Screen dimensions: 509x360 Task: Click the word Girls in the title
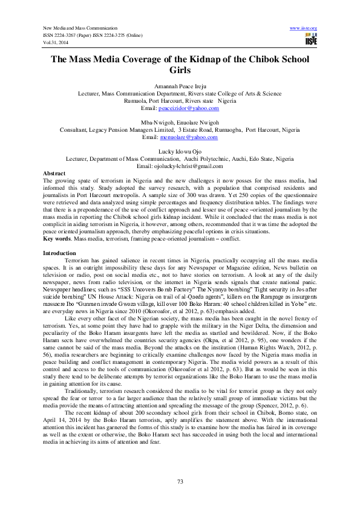(x=180, y=70)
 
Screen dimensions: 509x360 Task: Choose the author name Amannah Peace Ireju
(x=180, y=86)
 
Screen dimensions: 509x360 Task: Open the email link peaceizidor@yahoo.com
(x=188, y=107)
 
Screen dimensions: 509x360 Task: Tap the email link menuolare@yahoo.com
(x=188, y=137)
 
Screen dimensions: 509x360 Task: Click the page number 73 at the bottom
(x=180, y=481)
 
